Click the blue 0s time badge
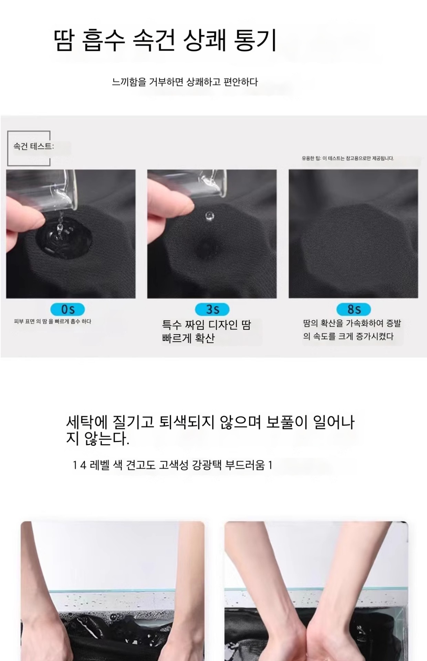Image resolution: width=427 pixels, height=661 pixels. [x=67, y=309]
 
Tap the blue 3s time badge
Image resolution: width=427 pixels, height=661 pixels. [x=212, y=309]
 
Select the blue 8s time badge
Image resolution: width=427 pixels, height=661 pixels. [x=354, y=309]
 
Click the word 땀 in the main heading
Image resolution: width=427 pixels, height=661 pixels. [x=64, y=40]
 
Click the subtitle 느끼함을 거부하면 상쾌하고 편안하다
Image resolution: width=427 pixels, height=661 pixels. [x=185, y=82]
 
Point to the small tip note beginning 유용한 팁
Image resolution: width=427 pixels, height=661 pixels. [x=348, y=158]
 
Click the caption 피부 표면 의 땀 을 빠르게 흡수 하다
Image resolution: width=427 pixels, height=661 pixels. [x=53, y=322]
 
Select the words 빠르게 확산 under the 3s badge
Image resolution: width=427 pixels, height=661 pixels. [x=188, y=338]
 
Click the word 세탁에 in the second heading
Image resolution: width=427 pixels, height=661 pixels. [x=87, y=422]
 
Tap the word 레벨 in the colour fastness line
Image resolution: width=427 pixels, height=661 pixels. [x=100, y=465]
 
